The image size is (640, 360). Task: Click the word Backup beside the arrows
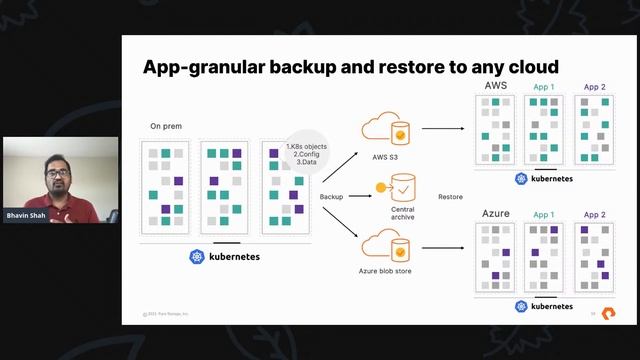(x=331, y=197)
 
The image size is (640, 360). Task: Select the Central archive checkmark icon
(x=402, y=186)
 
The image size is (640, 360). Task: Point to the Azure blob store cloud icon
(x=386, y=245)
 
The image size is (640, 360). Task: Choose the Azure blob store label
(x=387, y=271)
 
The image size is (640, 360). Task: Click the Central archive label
(x=402, y=213)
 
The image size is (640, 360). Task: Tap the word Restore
(x=450, y=197)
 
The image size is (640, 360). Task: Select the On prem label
(x=166, y=126)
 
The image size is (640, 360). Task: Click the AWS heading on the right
(x=496, y=86)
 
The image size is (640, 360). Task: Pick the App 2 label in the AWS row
(x=594, y=87)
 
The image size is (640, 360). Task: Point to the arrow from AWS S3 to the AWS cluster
(x=444, y=128)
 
